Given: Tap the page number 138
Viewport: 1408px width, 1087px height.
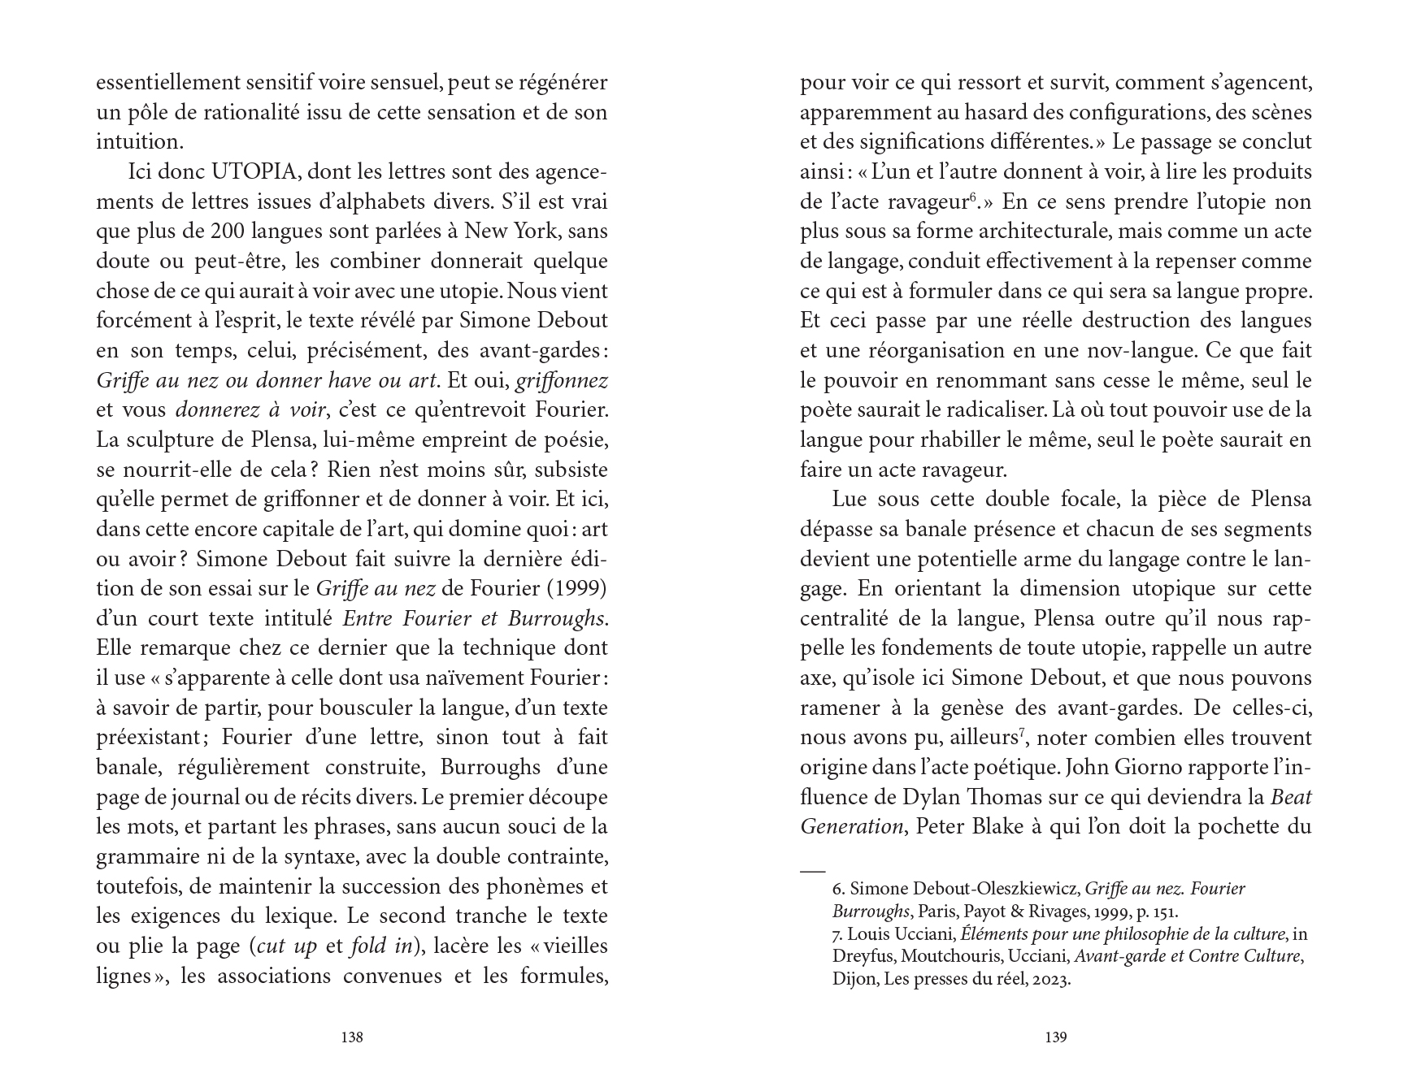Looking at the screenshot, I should pos(351,1037).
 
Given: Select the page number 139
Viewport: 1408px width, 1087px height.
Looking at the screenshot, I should pos(1055,1037).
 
